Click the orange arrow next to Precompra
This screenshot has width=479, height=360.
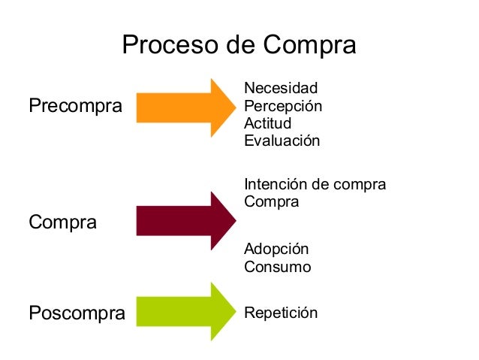pos(184,107)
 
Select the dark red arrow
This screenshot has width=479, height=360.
pos(184,220)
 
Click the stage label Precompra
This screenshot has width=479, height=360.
pos(75,106)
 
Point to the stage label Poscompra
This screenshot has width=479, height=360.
pos(77,313)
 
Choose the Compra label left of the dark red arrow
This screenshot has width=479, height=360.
pos(62,222)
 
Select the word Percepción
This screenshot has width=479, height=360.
pos(283,106)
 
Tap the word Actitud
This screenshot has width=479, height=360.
pos(268,123)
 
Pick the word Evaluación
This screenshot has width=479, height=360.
pos(282,141)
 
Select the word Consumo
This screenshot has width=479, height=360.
pos(278,267)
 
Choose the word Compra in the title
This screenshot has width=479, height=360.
pos(309,47)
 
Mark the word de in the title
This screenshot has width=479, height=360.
pos(242,47)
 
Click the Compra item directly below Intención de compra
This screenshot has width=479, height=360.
pos(272,202)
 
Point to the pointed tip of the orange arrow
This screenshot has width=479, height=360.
pos(234,107)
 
